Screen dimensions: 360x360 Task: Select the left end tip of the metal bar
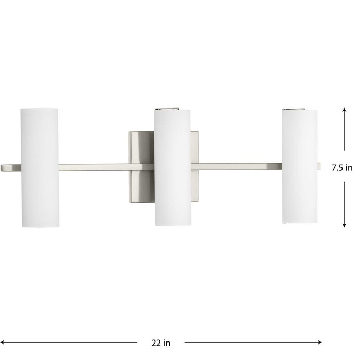(x=3, y=167)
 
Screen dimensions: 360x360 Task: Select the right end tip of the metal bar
(x=319, y=166)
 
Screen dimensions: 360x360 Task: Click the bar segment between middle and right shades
(x=237, y=166)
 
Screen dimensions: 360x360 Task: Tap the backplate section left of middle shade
(x=141, y=149)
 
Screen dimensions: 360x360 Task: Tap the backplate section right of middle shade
(x=195, y=149)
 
